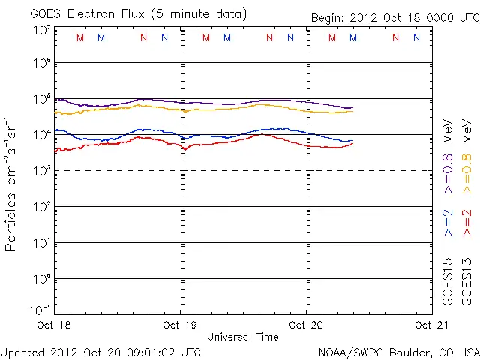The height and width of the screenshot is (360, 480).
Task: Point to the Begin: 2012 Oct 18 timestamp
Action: click(x=394, y=17)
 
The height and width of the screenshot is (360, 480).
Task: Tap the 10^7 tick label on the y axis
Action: click(x=41, y=29)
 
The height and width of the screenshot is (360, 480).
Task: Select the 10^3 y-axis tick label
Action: click(x=41, y=171)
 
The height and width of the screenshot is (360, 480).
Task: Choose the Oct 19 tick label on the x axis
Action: click(x=180, y=325)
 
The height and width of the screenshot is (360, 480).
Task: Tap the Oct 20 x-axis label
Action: click(x=306, y=325)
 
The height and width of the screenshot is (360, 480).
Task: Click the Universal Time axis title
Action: click(x=242, y=337)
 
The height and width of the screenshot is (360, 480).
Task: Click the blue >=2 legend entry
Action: click(x=448, y=223)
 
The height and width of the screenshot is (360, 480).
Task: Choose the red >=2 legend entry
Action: click(x=466, y=223)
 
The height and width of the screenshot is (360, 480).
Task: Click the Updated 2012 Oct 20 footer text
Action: click(x=100, y=352)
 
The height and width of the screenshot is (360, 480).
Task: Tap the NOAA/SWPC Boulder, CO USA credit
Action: click(x=398, y=352)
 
